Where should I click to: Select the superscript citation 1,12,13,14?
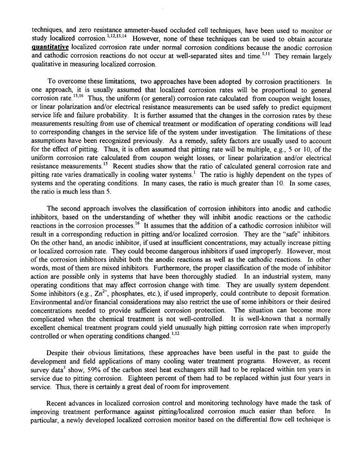(118, 37)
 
